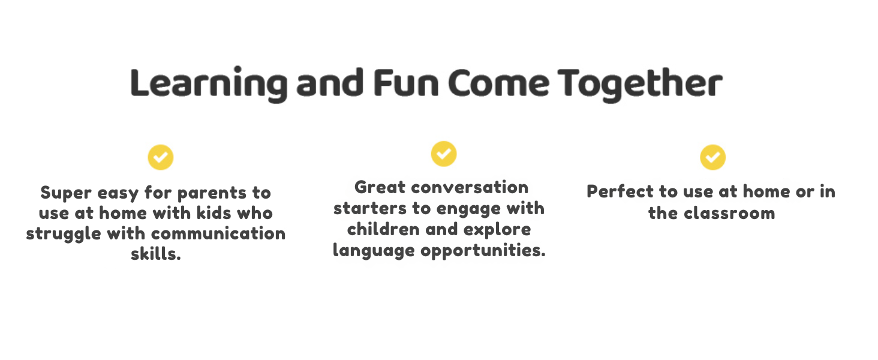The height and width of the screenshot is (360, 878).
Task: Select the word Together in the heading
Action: [x=639, y=84]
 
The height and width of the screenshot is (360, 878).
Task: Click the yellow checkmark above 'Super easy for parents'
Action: [x=160, y=157]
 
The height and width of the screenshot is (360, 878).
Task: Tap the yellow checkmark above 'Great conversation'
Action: [x=443, y=154]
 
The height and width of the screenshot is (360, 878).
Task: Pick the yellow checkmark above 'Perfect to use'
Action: [x=712, y=157]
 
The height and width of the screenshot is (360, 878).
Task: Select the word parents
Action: [x=207, y=194]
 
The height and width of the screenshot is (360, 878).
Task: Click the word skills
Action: [x=156, y=254]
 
